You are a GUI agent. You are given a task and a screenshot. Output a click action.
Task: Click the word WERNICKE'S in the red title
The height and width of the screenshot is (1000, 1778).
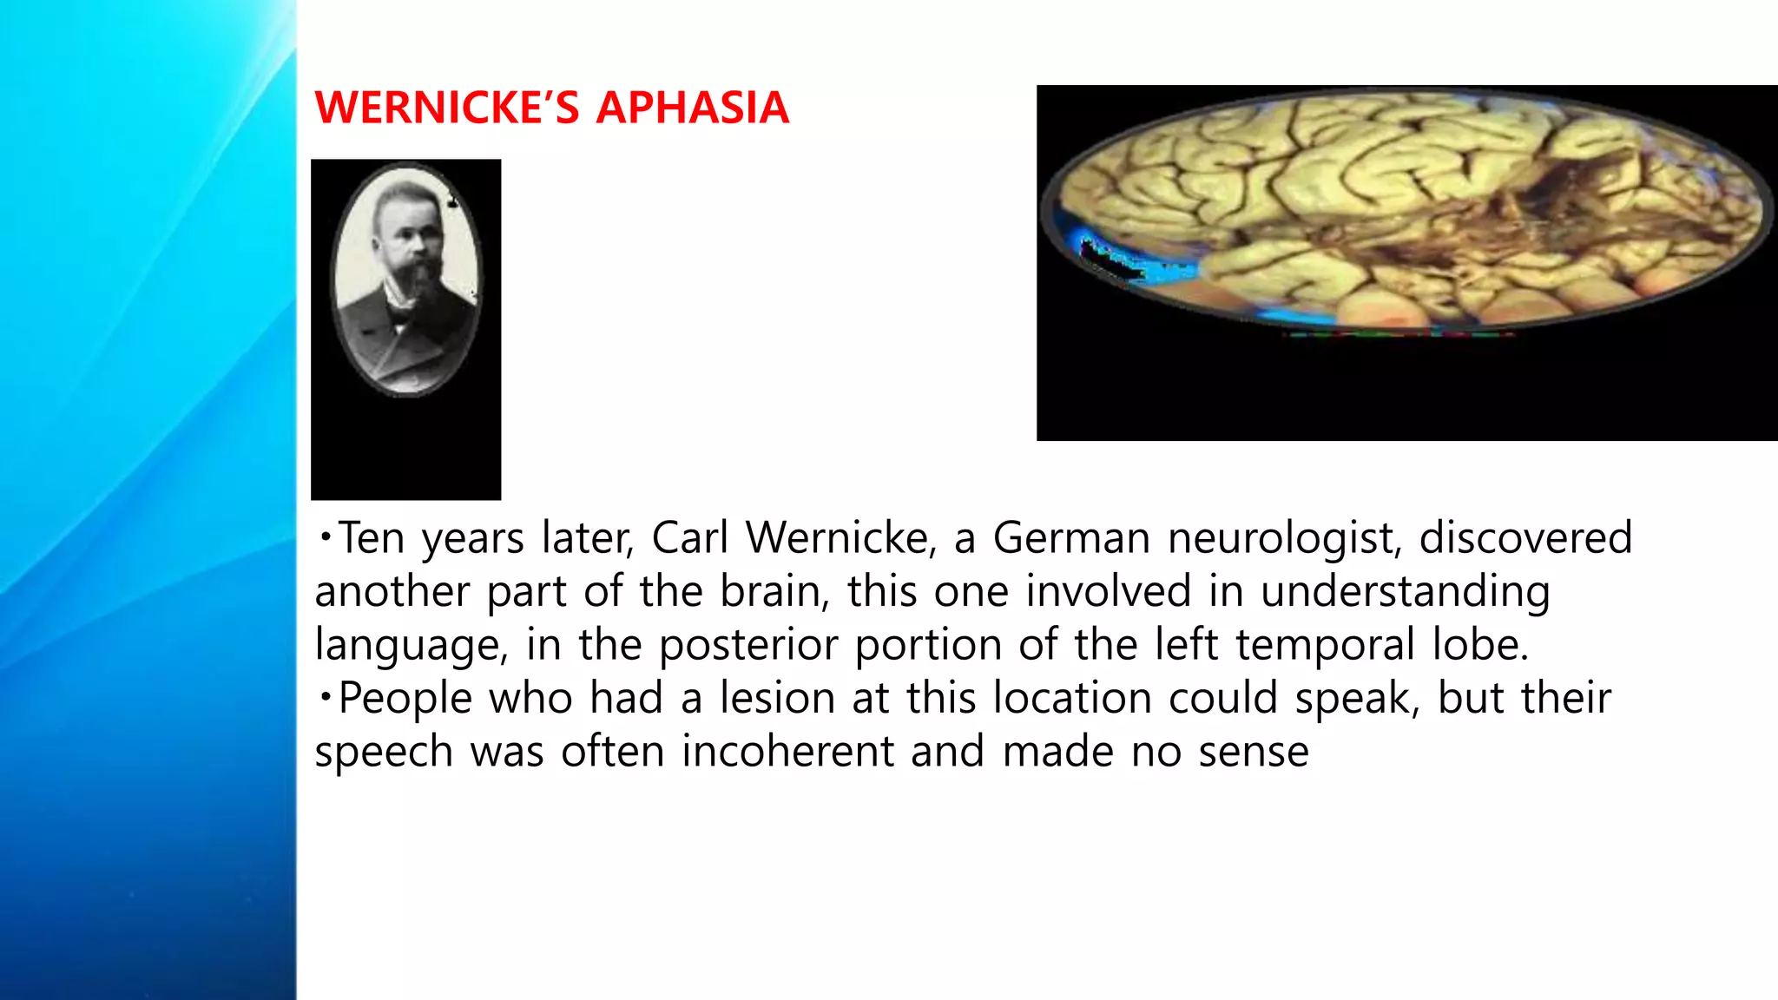click(x=446, y=108)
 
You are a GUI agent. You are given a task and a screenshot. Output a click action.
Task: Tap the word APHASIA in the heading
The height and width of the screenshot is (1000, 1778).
click(x=692, y=108)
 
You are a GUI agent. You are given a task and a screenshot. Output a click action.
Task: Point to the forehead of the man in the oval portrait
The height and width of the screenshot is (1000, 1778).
click(x=404, y=201)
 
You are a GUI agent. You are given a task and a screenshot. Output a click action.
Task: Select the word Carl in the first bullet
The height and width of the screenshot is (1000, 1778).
click(x=690, y=537)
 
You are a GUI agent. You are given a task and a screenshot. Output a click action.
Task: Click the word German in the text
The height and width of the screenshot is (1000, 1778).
click(x=1071, y=537)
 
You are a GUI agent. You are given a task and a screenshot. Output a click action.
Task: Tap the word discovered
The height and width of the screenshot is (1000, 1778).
click(x=1525, y=537)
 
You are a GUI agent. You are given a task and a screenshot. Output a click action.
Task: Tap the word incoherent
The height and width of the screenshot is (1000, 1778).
click(x=787, y=751)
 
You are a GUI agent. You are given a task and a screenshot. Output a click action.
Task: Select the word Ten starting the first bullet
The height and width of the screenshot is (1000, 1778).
click(x=372, y=537)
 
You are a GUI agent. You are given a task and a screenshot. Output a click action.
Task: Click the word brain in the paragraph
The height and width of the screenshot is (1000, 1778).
click(x=770, y=592)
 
